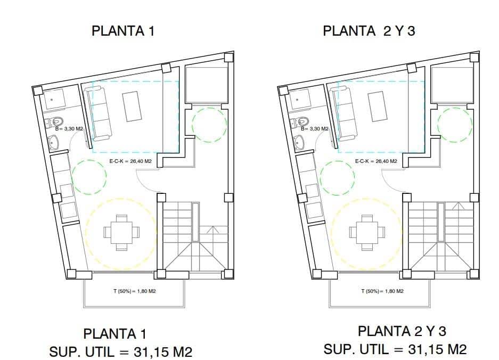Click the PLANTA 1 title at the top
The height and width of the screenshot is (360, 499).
coord(123,31)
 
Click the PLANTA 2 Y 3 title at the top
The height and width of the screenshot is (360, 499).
coord(369,31)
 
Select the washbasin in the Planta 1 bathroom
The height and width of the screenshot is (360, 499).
coord(54,142)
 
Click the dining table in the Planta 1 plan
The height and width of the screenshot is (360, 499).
coord(122,232)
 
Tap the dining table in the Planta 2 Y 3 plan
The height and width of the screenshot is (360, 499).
coord(367,232)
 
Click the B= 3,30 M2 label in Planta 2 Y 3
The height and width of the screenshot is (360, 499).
coord(314,129)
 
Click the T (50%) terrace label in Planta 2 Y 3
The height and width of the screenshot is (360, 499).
coord(382,291)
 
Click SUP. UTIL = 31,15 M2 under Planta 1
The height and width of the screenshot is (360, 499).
coord(121,352)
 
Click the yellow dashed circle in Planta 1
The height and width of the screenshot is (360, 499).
coord(121,234)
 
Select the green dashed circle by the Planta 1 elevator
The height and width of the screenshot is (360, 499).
coord(209,125)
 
